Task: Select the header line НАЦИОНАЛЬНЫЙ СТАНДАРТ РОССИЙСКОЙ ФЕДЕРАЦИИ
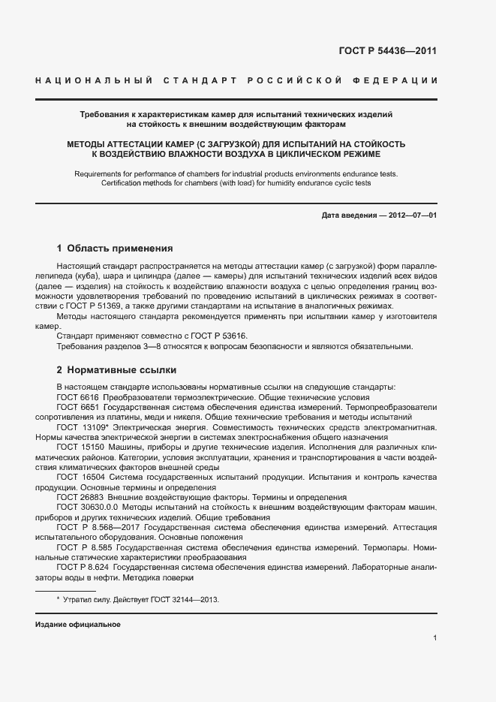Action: click(236, 80)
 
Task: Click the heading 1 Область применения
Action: click(115, 248)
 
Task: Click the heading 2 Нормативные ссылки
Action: click(116, 370)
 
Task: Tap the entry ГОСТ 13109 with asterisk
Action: click(80, 426)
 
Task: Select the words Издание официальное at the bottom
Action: click(78, 625)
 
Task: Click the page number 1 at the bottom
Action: click(434, 638)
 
